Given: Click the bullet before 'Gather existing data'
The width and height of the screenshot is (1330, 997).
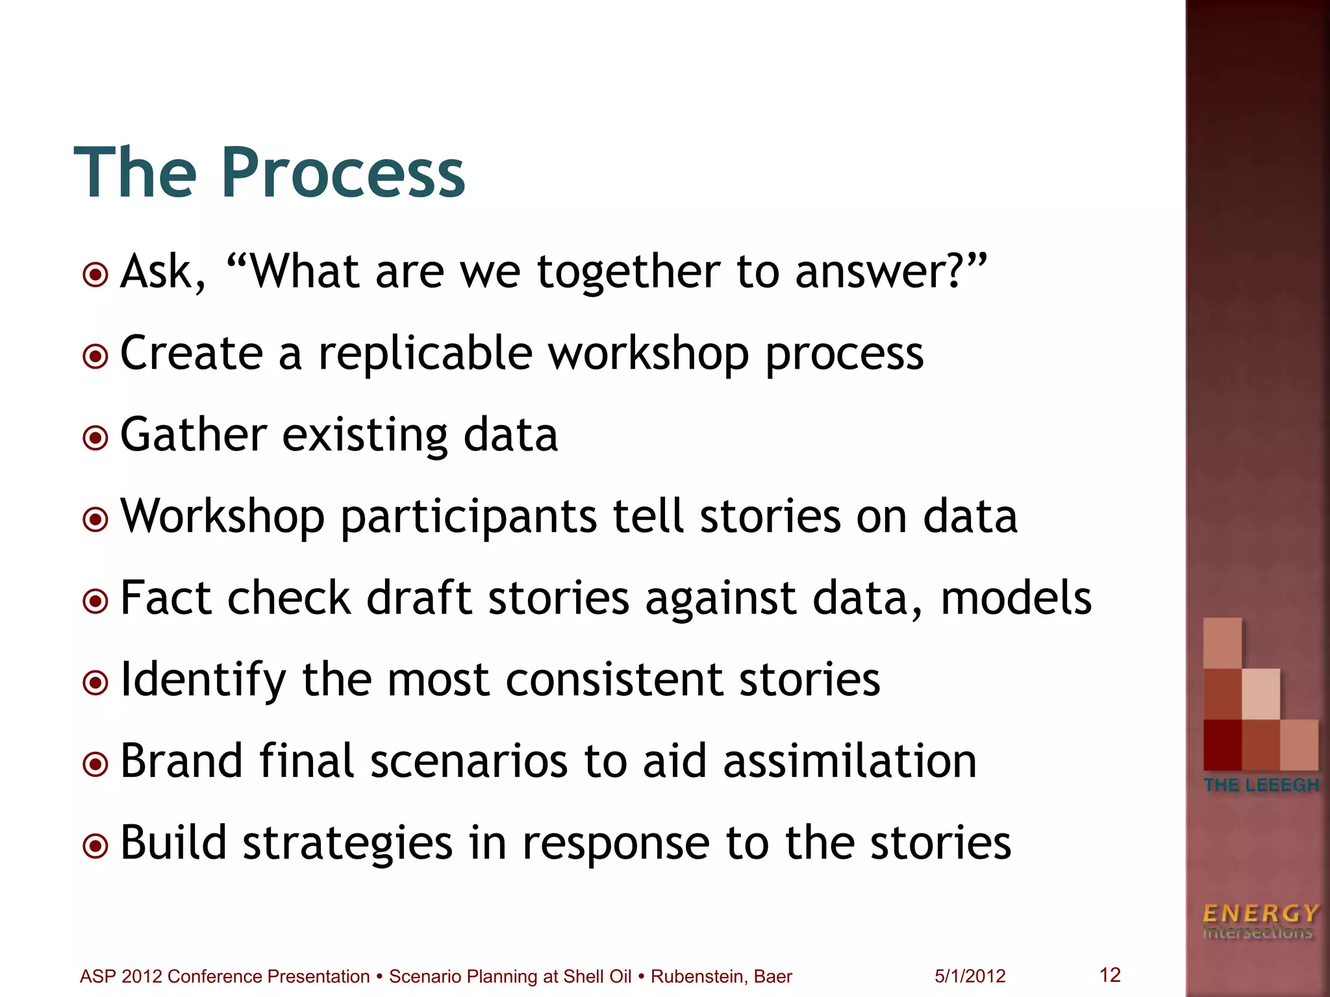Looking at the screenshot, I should [96, 437].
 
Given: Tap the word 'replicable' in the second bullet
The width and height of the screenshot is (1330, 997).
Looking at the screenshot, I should [425, 354].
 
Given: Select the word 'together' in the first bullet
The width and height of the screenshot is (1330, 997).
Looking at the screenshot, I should [629, 272].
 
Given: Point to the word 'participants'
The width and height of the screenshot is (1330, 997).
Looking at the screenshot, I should [468, 517].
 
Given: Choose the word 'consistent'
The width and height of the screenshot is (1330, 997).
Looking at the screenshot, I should [614, 680].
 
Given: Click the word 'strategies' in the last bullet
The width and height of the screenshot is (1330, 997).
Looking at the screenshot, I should [347, 843].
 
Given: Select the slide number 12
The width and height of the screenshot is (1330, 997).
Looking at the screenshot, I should [1110, 974].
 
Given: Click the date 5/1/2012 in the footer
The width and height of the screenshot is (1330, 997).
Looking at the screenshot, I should [970, 976].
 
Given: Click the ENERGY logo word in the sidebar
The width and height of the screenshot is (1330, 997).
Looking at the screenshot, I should [1260, 914].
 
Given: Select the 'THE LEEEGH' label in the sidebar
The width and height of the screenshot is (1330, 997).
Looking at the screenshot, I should [1261, 785].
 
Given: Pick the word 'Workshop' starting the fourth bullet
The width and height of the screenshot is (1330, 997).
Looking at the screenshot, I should [222, 517].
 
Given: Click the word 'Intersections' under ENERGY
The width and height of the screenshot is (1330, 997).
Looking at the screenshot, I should [1257, 933].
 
